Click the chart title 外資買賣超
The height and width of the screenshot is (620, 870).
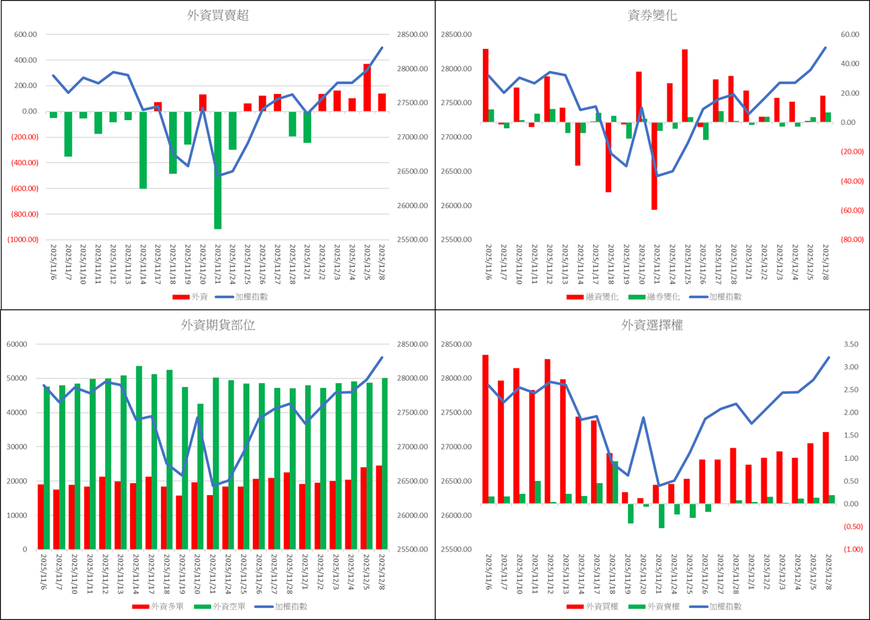(x=218, y=15)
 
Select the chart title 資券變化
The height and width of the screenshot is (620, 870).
(x=652, y=15)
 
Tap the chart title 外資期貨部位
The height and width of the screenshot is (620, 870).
(x=218, y=325)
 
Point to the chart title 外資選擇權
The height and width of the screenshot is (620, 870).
(x=652, y=325)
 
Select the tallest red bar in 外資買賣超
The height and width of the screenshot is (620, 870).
(x=368, y=87)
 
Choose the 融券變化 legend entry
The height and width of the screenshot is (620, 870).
(x=655, y=297)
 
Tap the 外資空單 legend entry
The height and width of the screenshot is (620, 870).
(x=221, y=607)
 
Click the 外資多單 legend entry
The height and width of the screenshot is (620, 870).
(x=158, y=607)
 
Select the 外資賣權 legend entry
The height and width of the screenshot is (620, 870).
(x=655, y=607)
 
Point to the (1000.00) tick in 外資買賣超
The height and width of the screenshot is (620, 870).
(x=23, y=240)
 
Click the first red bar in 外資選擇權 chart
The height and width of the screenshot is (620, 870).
(x=485, y=429)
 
